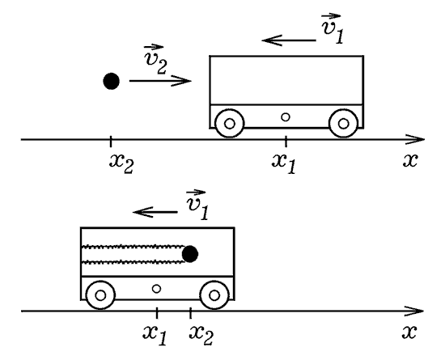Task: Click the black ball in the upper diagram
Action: [112, 81]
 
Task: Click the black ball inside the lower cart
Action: [190, 254]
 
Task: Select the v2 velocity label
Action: [155, 60]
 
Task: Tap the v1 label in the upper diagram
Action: [332, 28]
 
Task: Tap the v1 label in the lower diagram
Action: [197, 205]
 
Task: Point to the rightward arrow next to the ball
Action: [160, 81]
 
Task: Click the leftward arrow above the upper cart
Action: [289, 40]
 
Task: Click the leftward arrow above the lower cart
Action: [155, 212]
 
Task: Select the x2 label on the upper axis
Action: [121, 164]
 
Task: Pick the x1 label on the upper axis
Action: [284, 164]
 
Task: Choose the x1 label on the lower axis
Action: [155, 336]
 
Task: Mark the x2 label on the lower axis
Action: [201, 336]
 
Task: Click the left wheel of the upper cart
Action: [229, 124]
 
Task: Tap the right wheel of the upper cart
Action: [343, 124]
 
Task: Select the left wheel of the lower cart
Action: [100, 295]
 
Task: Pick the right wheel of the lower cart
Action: [214, 295]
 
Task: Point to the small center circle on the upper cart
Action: [286, 116]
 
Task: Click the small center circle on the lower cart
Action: [157, 289]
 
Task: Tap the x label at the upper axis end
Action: [410, 160]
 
